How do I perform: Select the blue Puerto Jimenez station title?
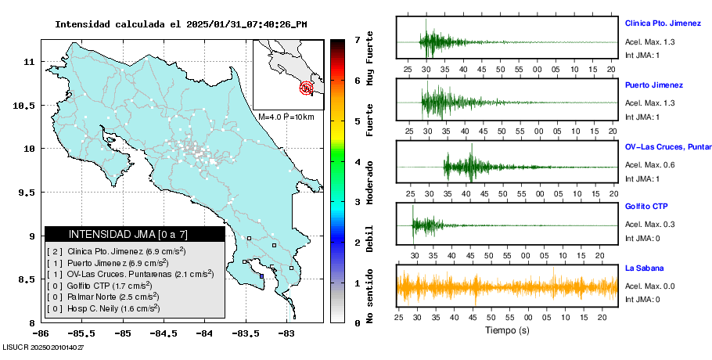653,85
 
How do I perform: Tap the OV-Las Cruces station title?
667,146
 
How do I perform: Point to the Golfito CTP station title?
646,207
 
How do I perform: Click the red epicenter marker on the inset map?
307,88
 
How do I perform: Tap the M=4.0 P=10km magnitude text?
286,117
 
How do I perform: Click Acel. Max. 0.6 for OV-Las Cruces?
649,164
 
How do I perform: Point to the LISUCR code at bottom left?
43,346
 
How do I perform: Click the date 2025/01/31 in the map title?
216,24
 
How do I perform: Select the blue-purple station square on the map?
261,275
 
